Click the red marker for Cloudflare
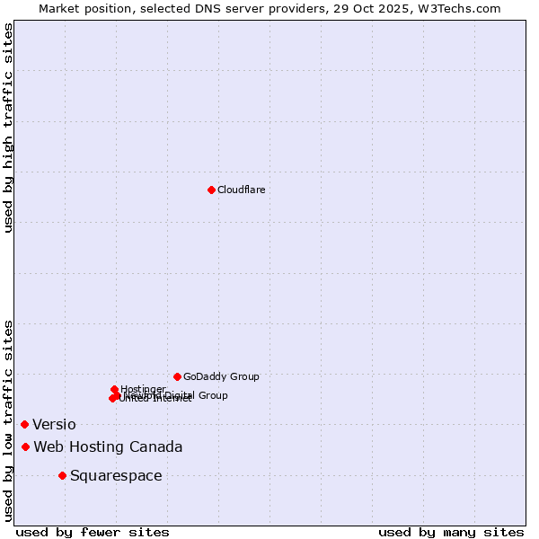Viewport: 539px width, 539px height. (x=211, y=190)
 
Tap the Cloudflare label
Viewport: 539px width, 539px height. (x=241, y=190)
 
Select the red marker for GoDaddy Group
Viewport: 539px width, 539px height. (x=177, y=376)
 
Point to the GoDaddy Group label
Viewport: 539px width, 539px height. (x=221, y=377)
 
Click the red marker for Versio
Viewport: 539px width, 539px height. (x=24, y=424)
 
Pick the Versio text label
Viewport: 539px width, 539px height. (x=54, y=425)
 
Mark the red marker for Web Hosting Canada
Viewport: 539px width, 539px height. (x=25, y=446)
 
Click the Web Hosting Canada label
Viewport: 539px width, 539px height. (x=108, y=447)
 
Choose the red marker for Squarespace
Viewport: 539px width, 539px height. (x=62, y=475)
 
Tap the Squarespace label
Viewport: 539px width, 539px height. (x=116, y=476)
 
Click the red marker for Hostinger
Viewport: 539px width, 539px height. (x=114, y=389)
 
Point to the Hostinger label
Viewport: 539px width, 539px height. (x=143, y=389)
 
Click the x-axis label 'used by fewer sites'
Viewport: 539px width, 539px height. (x=93, y=532)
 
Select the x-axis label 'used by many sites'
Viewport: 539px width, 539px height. (x=451, y=532)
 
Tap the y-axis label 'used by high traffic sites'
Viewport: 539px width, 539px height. (x=9, y=128)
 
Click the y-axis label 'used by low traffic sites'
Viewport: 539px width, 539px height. (x=9, y=420)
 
